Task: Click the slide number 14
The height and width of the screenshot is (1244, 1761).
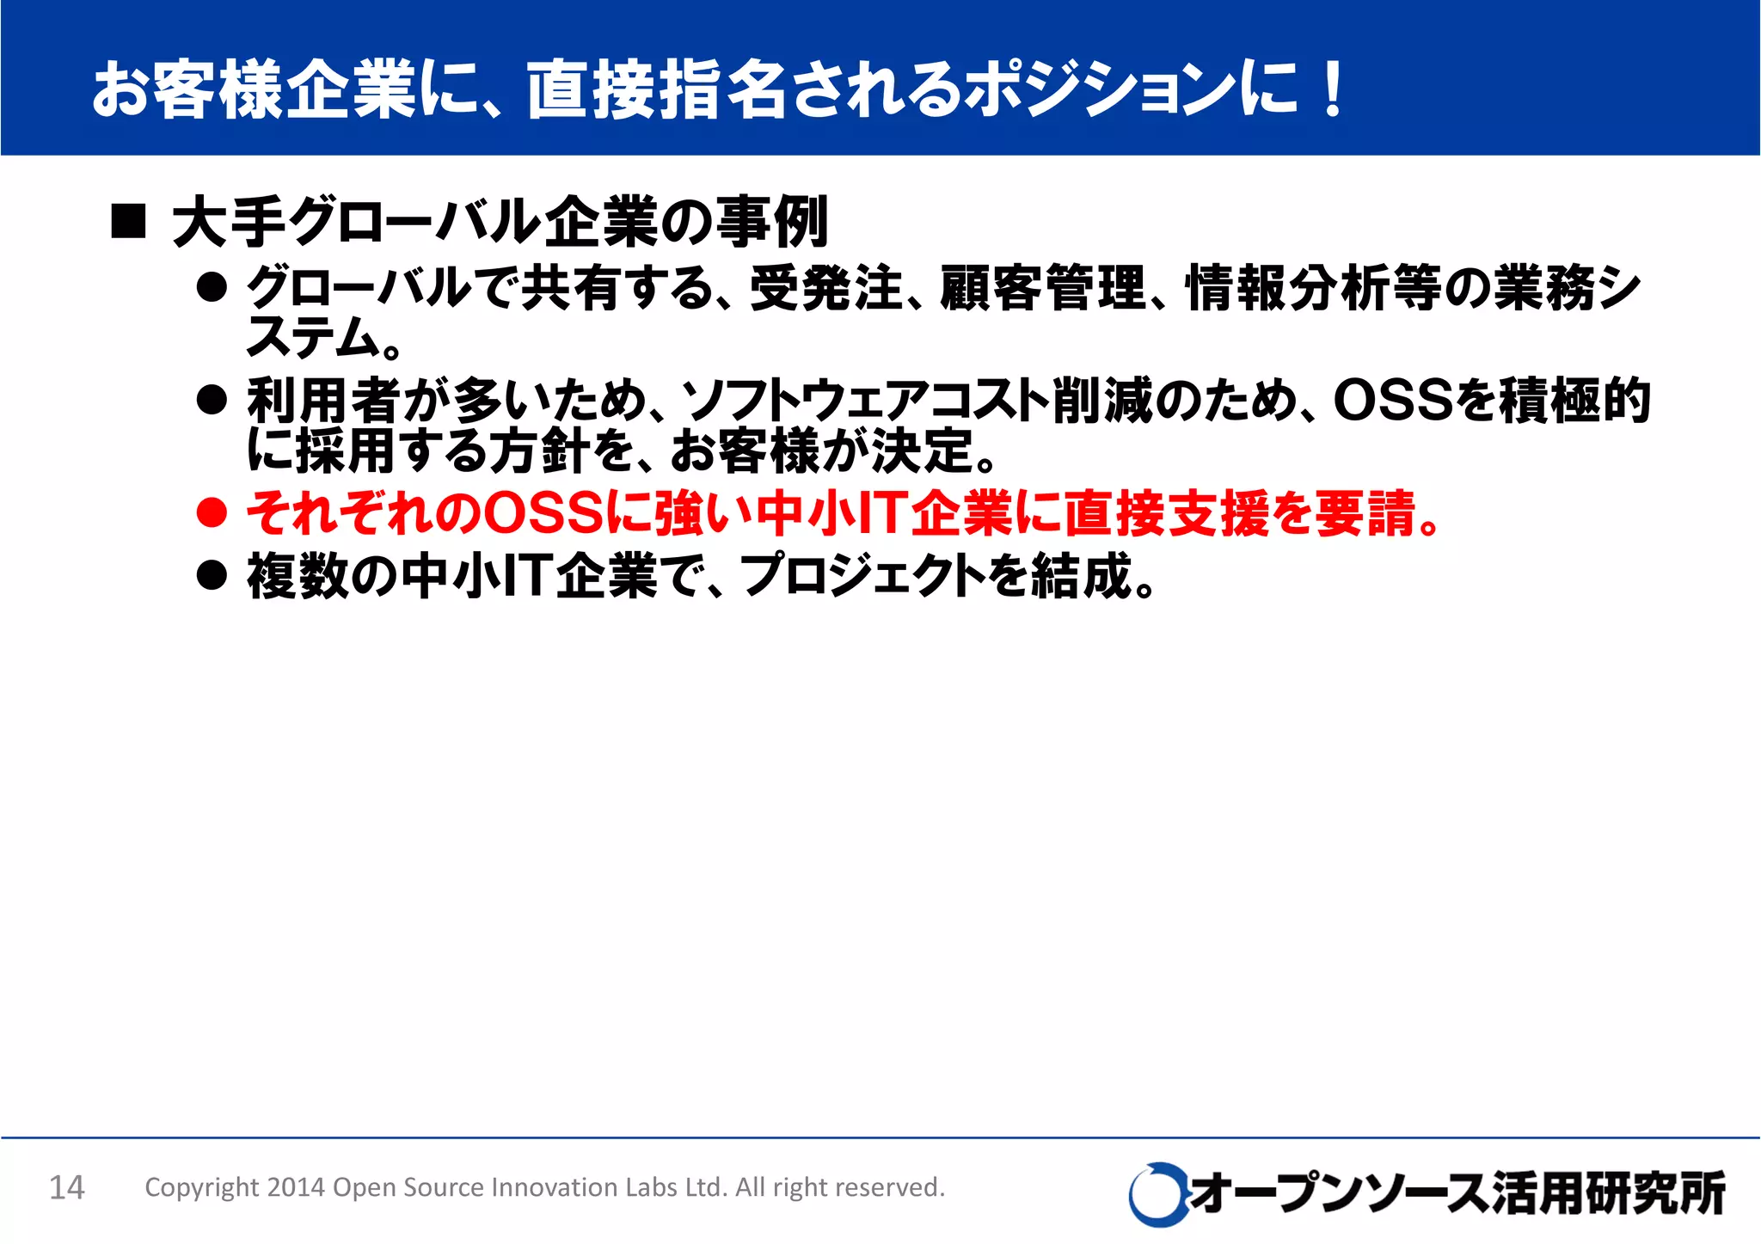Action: (67, 1187)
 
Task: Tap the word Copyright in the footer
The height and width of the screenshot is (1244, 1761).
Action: (201, 1187)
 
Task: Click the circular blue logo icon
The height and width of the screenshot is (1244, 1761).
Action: (1157, 1193)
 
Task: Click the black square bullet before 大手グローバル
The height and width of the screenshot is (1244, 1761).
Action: (129, 222)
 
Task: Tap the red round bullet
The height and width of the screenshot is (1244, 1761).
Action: (212, 513)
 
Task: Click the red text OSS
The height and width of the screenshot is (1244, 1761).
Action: (544, 513)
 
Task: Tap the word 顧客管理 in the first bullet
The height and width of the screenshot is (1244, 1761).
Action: (1044, 287)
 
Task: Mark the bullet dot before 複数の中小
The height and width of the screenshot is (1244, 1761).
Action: (212, 575)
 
